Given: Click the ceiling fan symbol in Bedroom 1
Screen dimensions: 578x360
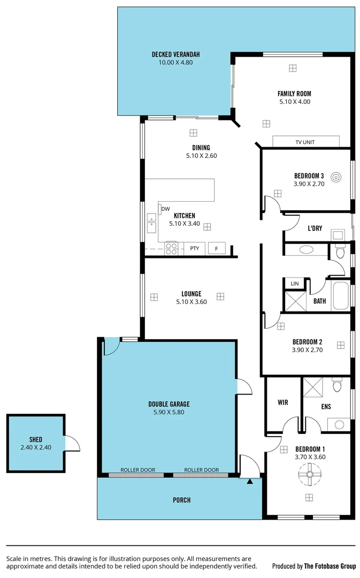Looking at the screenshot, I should coord(309,473).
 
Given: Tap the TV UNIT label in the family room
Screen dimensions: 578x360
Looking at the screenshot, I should coord(305,142).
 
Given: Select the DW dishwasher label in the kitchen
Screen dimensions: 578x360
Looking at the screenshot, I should coord(166,209).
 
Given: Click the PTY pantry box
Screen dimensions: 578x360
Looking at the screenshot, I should coord(195,248).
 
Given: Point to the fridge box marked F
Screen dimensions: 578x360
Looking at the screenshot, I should coord(216,248).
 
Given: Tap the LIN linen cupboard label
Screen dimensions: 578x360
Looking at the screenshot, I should coord(294,284).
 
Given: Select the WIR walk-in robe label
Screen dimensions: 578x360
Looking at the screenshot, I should coord(283,402).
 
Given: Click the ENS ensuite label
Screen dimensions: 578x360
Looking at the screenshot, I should coord(326,407).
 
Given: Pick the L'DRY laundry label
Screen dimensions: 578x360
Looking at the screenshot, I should coord(315,229).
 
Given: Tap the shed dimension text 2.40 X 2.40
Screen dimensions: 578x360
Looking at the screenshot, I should coord(36,448).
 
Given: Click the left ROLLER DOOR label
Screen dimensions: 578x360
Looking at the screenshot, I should coord(137,470).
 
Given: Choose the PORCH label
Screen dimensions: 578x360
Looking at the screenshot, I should coord(181,500).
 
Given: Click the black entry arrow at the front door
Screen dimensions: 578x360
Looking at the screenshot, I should coord(249,482).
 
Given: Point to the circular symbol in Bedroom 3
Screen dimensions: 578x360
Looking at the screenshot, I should coord(336,176).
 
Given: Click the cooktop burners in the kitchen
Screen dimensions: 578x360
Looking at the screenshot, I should coord(171,248).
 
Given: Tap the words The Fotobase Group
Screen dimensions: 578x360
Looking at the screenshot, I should coord(330,566).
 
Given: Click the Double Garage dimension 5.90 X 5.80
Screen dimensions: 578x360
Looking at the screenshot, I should coord(169,412).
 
